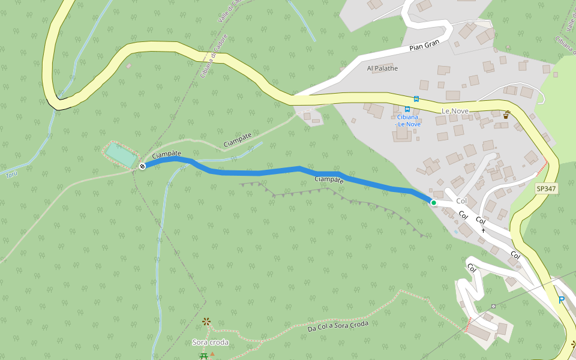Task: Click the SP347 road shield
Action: pyautogui.click(x=547, y=188)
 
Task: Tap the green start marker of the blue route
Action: pyautogui.click(x=434, y=203)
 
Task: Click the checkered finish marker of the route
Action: pyautogui.click(x=142, y=166)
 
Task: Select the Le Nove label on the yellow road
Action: pyautogui.click(x=455, y=111)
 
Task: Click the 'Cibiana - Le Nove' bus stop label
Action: pyautogui.click(x=409, y=120)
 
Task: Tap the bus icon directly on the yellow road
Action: pyautogui.click(x=416, y=99)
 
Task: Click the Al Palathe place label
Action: pyautogui.click(x=382, y=68)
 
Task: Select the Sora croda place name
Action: pyautogui.click(x=210, y=342)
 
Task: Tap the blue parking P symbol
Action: pyautogui.click(x=562, y=300)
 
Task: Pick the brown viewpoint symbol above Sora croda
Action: pyautogui.click(x=207, y=322)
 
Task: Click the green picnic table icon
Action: pyautogui.click(x=204, y=356)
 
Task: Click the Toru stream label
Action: pyautogui.click(x=11, y=175)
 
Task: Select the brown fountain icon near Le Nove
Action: pyautogui.click(x=506, y=114)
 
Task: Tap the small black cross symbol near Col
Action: pyautogui.click(x=483, y=230)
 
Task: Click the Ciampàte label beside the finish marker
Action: pyautogui.click(x=166, y=155)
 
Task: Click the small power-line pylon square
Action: pyautogui.click(x=493, y=306)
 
